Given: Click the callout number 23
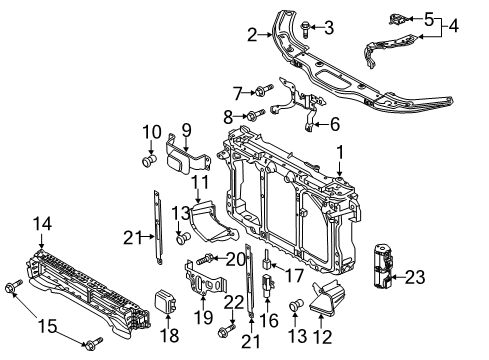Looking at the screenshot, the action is click(x=415, y=277).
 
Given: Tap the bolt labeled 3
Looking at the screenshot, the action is click(x=306, y=29).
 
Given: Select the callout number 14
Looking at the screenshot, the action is click(x=42, y=224).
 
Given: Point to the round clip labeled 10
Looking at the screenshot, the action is click(x=149, y=161).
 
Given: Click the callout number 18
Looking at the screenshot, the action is click(x=169, y=335).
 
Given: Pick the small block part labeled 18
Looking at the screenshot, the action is click(x=166, y=302).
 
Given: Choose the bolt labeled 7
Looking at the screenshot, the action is click(x=264, y=90).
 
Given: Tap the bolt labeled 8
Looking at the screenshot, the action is click(x=256, y=114).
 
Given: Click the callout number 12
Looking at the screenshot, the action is click(x=322, y=337).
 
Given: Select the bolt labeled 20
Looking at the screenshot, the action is click(x=205, y=259).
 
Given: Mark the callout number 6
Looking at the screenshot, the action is click(x=335, y=124).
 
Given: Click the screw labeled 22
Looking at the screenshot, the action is click(x=227, y=329).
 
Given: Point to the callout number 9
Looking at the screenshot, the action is click(x=186, y=130).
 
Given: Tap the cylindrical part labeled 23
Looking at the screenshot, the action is click(x=383, y=266).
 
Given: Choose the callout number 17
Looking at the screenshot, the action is click(x=294, y=276).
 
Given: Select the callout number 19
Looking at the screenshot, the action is click(x=203, y=317).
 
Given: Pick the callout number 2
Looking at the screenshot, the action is click(x=252, y=35).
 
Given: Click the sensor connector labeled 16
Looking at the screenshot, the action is click(x=268, y=284).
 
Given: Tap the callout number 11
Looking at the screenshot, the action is click(x=200, y=182).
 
